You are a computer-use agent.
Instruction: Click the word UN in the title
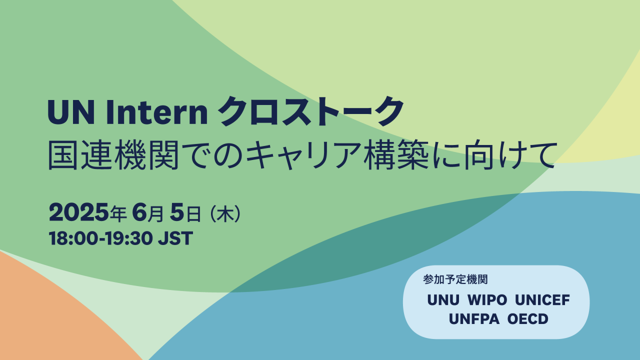click(x=71, y=112)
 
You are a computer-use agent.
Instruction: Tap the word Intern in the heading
click(x=157, y=112)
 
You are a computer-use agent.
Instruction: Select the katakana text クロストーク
click(x=311, y=111)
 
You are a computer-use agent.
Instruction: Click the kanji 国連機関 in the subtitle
click(x=113, y=155)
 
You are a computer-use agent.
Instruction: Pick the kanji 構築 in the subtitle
click(x=396, y=155)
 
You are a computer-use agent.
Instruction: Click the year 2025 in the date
click(x=79, y=212)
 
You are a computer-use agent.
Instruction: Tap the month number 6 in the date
click(x=139, y=212)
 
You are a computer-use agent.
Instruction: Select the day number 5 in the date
click(x=177, y=212)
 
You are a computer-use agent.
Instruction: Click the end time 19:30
click(x=128, y=238)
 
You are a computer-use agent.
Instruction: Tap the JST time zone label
click(x=175, y=238)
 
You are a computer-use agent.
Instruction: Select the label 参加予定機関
click(x=455, y=279)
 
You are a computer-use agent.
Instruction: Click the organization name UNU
click(x=443, y=300)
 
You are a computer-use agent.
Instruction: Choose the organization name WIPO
click(x=487, y=300)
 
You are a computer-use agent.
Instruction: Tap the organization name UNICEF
click(x=542, y=300)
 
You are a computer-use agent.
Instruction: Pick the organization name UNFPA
click(x=474, y=319)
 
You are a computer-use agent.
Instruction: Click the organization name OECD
click(x=528, y=319)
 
